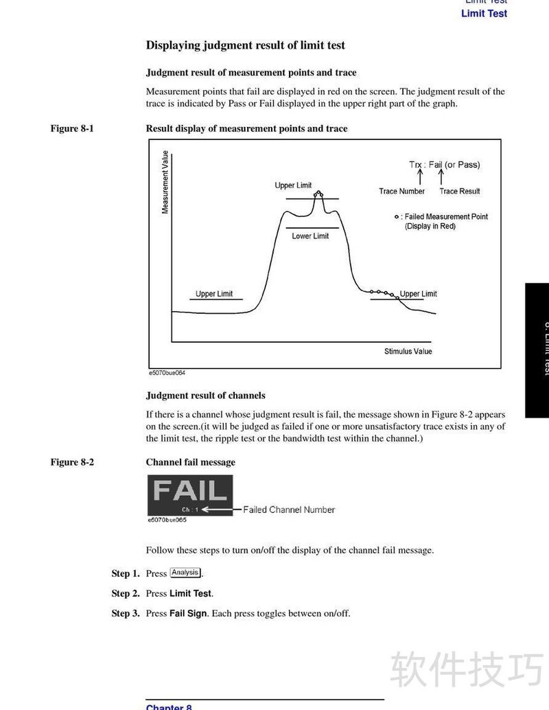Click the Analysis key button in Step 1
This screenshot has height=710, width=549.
(185, 573)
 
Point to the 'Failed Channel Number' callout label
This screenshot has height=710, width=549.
(288, 509)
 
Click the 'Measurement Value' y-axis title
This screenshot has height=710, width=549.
(165, 181)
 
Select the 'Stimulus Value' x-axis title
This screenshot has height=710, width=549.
(408, 351)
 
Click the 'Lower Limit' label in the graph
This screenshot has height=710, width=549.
(310, 236)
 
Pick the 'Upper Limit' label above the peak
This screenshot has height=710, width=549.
(293, 185)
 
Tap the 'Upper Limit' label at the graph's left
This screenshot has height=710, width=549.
(214, 294)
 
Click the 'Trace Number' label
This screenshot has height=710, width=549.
(401, 191)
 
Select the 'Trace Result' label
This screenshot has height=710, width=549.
(460, 191)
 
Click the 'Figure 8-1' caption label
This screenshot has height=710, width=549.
(71, 128)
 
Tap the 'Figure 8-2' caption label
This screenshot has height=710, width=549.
(71, 462)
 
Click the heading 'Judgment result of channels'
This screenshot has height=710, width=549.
(205, 396)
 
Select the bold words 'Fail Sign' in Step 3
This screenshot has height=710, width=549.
(188, 613)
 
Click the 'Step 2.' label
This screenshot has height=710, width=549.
(126, 593)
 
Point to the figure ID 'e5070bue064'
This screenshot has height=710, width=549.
(167, 373)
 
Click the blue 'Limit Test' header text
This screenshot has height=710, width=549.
(484, 13)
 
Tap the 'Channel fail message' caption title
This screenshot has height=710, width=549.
(190, 462)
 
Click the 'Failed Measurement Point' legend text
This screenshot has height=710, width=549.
(446, 216)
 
